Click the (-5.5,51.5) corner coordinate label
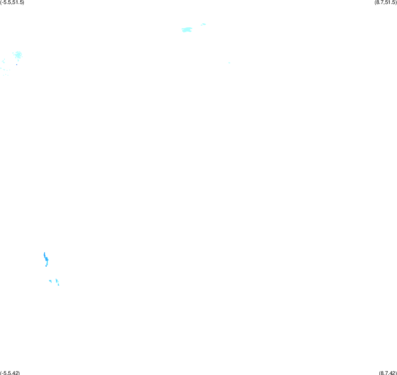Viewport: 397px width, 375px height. click(x=12, y=3)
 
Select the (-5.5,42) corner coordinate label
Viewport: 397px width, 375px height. click(x=10, y=373)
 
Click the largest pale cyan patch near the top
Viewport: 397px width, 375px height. click(x=187, y=29)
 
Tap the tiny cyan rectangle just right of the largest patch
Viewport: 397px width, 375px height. click(x=202, y=25)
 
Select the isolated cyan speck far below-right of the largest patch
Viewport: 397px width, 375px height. click(x=229, y=62)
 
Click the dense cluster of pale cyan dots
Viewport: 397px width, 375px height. click(x=18, y=55)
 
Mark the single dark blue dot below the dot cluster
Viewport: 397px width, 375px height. click(x=17, y=65)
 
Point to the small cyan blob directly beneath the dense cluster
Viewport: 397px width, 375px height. click(x=18, y=60)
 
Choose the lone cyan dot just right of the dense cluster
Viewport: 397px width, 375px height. click(x=22, y=57)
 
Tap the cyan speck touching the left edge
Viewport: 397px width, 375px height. click(x=1, y=68)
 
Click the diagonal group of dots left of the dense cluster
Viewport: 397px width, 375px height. click(x=3, y=61)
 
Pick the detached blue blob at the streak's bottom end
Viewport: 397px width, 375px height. click(x=46, y=266)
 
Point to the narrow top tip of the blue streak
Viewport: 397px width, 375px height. click(x=45, y=253)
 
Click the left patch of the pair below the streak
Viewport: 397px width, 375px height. click(x=50, y=281)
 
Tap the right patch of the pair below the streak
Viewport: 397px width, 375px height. click(x=57, y=281)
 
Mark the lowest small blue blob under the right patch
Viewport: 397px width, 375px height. click(x=59, y=285)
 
